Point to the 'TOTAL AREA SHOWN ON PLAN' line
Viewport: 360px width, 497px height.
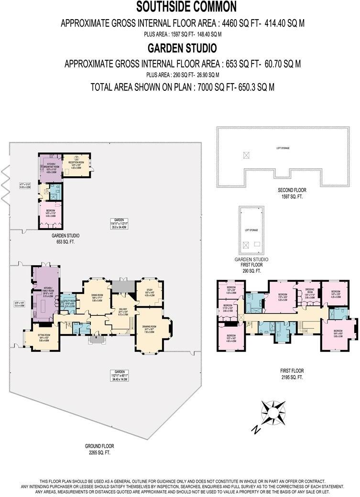182,87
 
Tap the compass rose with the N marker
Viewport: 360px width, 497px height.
273,411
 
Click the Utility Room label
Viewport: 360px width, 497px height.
70,303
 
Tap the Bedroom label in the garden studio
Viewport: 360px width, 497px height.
50,213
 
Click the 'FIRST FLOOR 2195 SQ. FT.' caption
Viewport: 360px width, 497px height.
292,374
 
